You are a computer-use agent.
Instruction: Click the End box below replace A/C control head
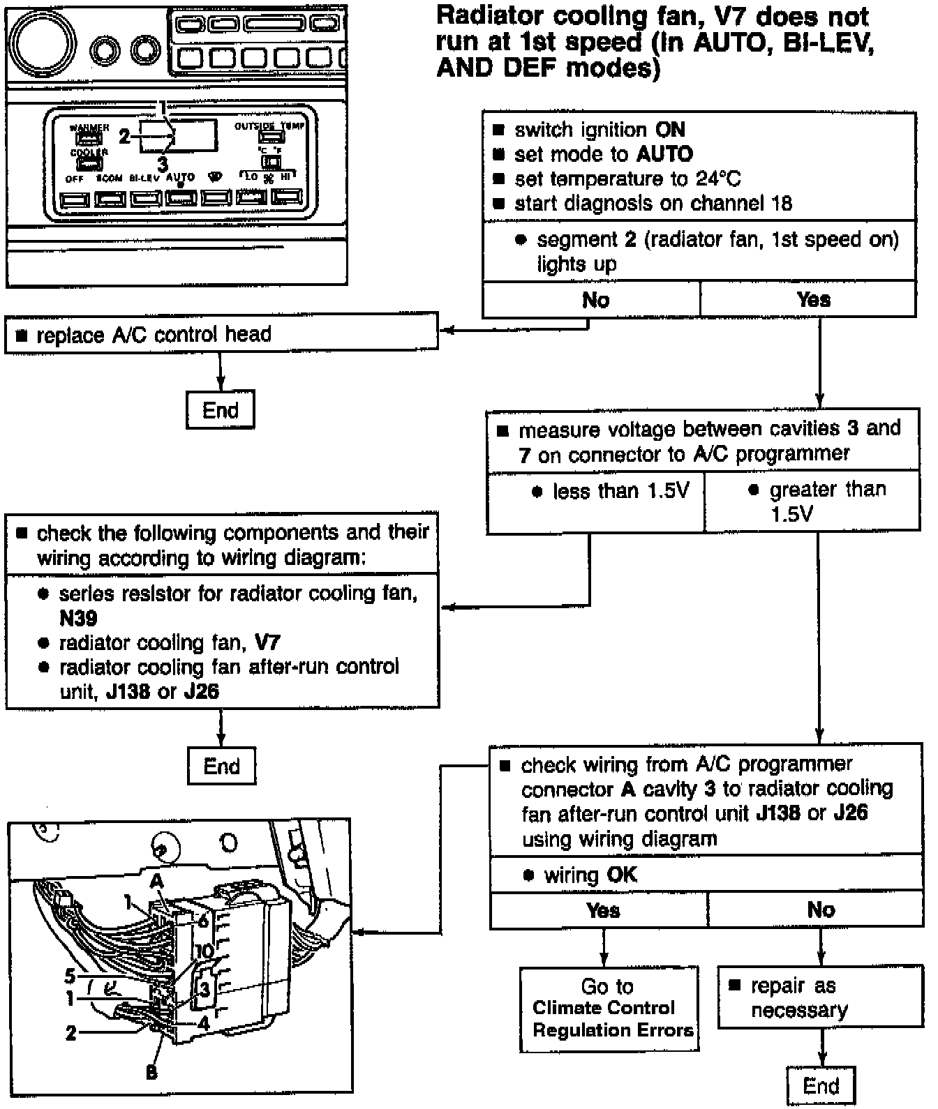click(x=220, y=410)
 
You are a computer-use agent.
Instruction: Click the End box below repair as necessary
click(x=820, y=1085)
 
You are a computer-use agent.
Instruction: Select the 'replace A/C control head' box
click(x=221, y=335)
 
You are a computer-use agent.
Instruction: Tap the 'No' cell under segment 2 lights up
click(x=595, y=300)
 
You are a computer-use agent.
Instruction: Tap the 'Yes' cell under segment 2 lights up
click(x=813, y=300)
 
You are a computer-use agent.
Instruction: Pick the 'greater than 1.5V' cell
click(x=812, y=502)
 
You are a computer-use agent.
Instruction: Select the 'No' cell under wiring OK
click(x=821, y=910)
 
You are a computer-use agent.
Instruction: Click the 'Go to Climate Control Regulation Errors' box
click(x=609, y=1008)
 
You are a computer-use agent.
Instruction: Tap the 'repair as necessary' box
click(x=820, y=998)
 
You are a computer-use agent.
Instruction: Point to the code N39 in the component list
click(x=78, y=618)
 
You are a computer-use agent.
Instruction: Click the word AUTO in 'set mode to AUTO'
click(x=664, y=154)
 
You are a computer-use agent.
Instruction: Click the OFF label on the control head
click(x=74, y=179)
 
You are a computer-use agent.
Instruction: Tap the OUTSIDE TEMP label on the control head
click(x=269, y=126)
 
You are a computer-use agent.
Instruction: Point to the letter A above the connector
click(x=156, y=881)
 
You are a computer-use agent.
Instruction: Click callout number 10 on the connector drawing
click(x=204, y=951)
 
